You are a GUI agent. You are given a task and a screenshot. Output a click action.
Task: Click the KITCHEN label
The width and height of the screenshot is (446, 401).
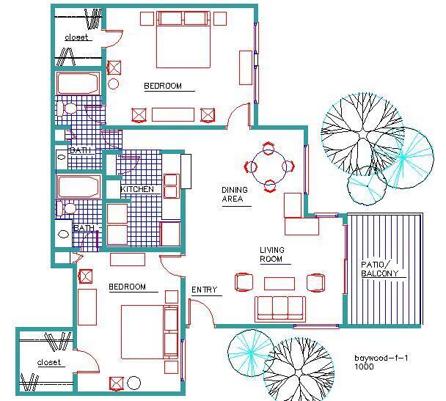tap(137, 189)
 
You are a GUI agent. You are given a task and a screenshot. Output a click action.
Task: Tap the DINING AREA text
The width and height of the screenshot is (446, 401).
tap(235, 194)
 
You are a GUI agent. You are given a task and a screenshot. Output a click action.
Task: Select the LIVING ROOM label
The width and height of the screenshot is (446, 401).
tap(271, 254)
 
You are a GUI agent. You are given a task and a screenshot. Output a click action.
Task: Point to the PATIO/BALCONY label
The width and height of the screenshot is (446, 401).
tap(380, 269)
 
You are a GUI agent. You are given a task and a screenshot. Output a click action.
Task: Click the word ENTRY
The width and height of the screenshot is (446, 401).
tap(205, 290)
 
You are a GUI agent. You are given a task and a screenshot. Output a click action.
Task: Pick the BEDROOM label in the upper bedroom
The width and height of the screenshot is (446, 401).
tap(162, 86)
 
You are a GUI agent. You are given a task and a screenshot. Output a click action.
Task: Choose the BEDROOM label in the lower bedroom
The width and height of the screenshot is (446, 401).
tap(127, 287)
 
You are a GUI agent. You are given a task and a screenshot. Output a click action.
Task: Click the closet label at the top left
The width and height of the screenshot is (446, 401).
tap(76, 37)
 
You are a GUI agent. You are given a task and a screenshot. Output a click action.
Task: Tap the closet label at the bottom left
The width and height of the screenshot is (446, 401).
tap(49, 362)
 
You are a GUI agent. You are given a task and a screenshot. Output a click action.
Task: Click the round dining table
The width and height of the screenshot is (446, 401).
tap(268, 166)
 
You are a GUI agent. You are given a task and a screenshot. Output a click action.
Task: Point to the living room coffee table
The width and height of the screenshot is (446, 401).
tap(279, 283)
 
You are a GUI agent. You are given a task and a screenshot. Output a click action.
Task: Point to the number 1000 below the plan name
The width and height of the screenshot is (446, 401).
tap(365, 367)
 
